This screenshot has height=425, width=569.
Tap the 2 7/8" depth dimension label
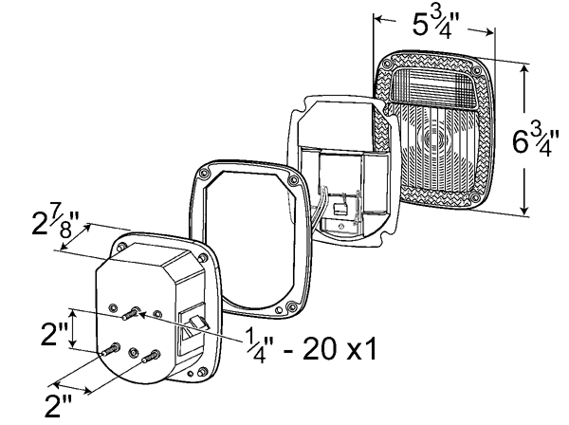pos(55,223)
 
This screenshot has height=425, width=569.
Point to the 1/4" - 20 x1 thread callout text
pos(311,345)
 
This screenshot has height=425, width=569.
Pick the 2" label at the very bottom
pos(59,405)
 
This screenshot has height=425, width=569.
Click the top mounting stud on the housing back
pos(131,313)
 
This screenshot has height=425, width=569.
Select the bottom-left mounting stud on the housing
pos(111,349)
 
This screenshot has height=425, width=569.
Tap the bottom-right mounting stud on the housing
pos(151,356)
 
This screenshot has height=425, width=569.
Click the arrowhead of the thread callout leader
pos(142,314)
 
